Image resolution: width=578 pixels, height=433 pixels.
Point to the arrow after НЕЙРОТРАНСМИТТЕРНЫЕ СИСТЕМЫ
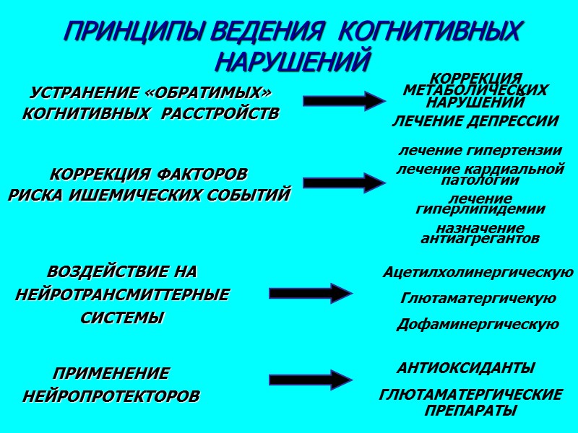click(x=311, y=293)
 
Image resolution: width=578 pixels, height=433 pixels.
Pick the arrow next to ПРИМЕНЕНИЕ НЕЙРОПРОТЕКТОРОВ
click(x=311, y=380)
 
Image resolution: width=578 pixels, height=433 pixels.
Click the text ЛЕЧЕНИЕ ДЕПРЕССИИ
click(x=475, y=121)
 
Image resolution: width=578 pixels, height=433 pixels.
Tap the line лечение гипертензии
click(x=480, y=151)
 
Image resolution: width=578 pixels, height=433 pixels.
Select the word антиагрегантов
click(x=480, y=238)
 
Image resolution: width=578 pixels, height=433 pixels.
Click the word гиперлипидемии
click(x=480, y=209)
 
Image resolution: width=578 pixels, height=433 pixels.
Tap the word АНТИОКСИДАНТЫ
click(x=466, y=368)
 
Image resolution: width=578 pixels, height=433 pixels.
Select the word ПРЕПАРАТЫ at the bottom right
click(x=470, y=410)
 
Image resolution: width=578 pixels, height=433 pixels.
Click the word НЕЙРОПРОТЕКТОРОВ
click(x=111, y=397)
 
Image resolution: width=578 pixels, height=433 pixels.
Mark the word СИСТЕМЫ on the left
click(x=121, y=318)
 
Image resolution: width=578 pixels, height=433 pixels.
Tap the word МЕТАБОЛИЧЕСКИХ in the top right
click(x=475, y=90)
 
